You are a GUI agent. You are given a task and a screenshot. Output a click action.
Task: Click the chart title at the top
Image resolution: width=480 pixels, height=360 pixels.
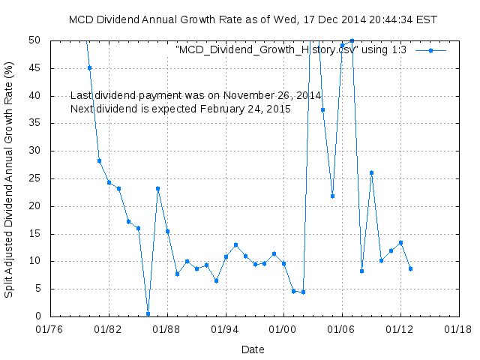tap(253, 19)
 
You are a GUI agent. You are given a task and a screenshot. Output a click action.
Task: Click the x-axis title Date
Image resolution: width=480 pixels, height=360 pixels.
tap(253, 349)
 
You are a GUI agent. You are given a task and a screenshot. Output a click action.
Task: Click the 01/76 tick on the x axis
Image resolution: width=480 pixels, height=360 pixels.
tap(51, 328)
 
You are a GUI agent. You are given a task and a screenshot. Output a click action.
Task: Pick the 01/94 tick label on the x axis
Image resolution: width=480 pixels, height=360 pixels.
tap(226, 328)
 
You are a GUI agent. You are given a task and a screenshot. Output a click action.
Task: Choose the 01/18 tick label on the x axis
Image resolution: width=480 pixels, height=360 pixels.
tap(458, 328)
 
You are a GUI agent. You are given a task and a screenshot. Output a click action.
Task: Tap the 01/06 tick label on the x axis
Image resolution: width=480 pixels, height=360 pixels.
tap(342, 328)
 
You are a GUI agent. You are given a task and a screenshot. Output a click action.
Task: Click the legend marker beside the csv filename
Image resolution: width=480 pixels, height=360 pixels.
tap(430, 50)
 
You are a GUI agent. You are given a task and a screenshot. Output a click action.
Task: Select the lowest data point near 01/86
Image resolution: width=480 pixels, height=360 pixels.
tap(148, 313)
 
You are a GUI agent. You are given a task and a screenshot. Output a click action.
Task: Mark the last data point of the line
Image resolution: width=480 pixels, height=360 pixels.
tap(410, 268)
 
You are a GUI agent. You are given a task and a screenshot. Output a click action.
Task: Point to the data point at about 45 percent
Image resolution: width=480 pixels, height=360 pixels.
tap(89, 67)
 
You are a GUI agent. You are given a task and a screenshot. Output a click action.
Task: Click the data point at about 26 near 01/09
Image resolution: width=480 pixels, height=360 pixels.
tap(371, 172)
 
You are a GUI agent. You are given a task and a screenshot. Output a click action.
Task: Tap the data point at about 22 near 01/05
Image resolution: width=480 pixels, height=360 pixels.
tap(332, 196)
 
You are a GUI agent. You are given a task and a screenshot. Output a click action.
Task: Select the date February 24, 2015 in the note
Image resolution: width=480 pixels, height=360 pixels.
tap(244, 109)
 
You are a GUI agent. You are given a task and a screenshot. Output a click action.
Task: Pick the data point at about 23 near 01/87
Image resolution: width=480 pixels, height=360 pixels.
tap(157, 188)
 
